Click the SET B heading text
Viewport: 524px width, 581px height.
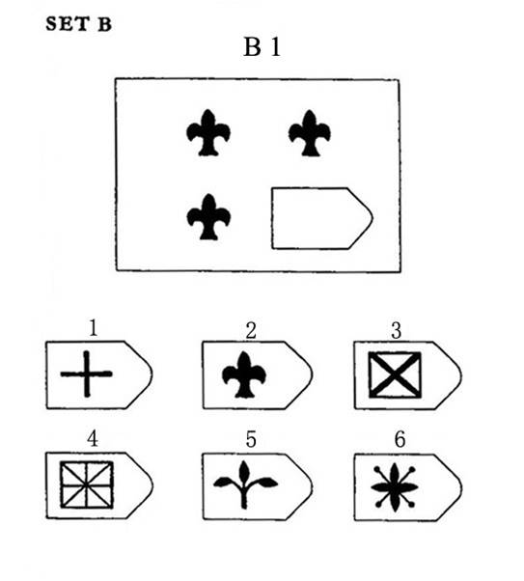pyautogui.click(x=78, y=24)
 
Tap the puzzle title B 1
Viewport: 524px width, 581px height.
pyautogui.click(x=262, y=47)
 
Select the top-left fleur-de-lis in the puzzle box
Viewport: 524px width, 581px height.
pyautogui.click(x=208, y=132)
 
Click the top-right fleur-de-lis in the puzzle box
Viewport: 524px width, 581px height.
pyautogui.click(x=310, y=133)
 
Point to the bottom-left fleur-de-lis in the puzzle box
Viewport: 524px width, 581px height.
pyautogui.click(x=208, y=217)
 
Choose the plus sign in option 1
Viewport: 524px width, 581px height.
pyautogui.click(x=86, y=373)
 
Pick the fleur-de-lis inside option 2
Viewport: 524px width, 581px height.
pyautogui.click(x=244, y=374)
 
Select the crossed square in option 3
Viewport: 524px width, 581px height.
pyautogui.click(x=395, y=375)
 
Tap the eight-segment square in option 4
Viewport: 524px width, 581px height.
pyautogui.click(x=87, y=484)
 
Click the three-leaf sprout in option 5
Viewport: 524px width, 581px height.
pyautogui.click(x=245, y=484)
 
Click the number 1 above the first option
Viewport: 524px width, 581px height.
pyautogui.click(x=93, y=327)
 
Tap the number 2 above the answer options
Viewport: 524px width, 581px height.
pyautogui.click(x=251, y=330)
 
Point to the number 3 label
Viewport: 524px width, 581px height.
pyautogui.click(x=397, y=330)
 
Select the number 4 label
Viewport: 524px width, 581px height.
pyautogui.click(x=93, y=439)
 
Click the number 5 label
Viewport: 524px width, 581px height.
pyautogui.click(x=251, y=439)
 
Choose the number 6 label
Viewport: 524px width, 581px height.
pyautogui.click(x=400, y=439)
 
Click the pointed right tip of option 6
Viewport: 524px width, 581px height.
pyautogui.click(x=461, y=486)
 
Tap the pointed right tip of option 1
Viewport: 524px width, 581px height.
pyautogui.click(x=152, y=374)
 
